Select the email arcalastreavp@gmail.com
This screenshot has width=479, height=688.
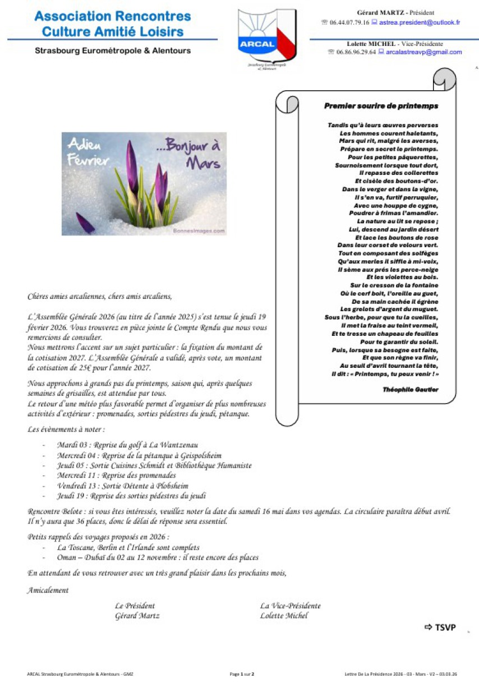(424, 52)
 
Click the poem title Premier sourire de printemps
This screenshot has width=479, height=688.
(381, 105)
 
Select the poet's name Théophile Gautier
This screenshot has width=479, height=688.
(411, 389)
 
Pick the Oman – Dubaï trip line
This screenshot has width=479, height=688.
(158, 557)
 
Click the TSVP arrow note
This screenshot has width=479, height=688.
(440, 627)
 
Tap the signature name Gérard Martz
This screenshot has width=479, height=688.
(137, 616)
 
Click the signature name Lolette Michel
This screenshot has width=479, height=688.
(284, 616)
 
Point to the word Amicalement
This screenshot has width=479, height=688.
(48, 590)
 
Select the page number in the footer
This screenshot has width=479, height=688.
(242, 674)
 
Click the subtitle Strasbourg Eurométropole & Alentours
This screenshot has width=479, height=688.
(113, 50)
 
